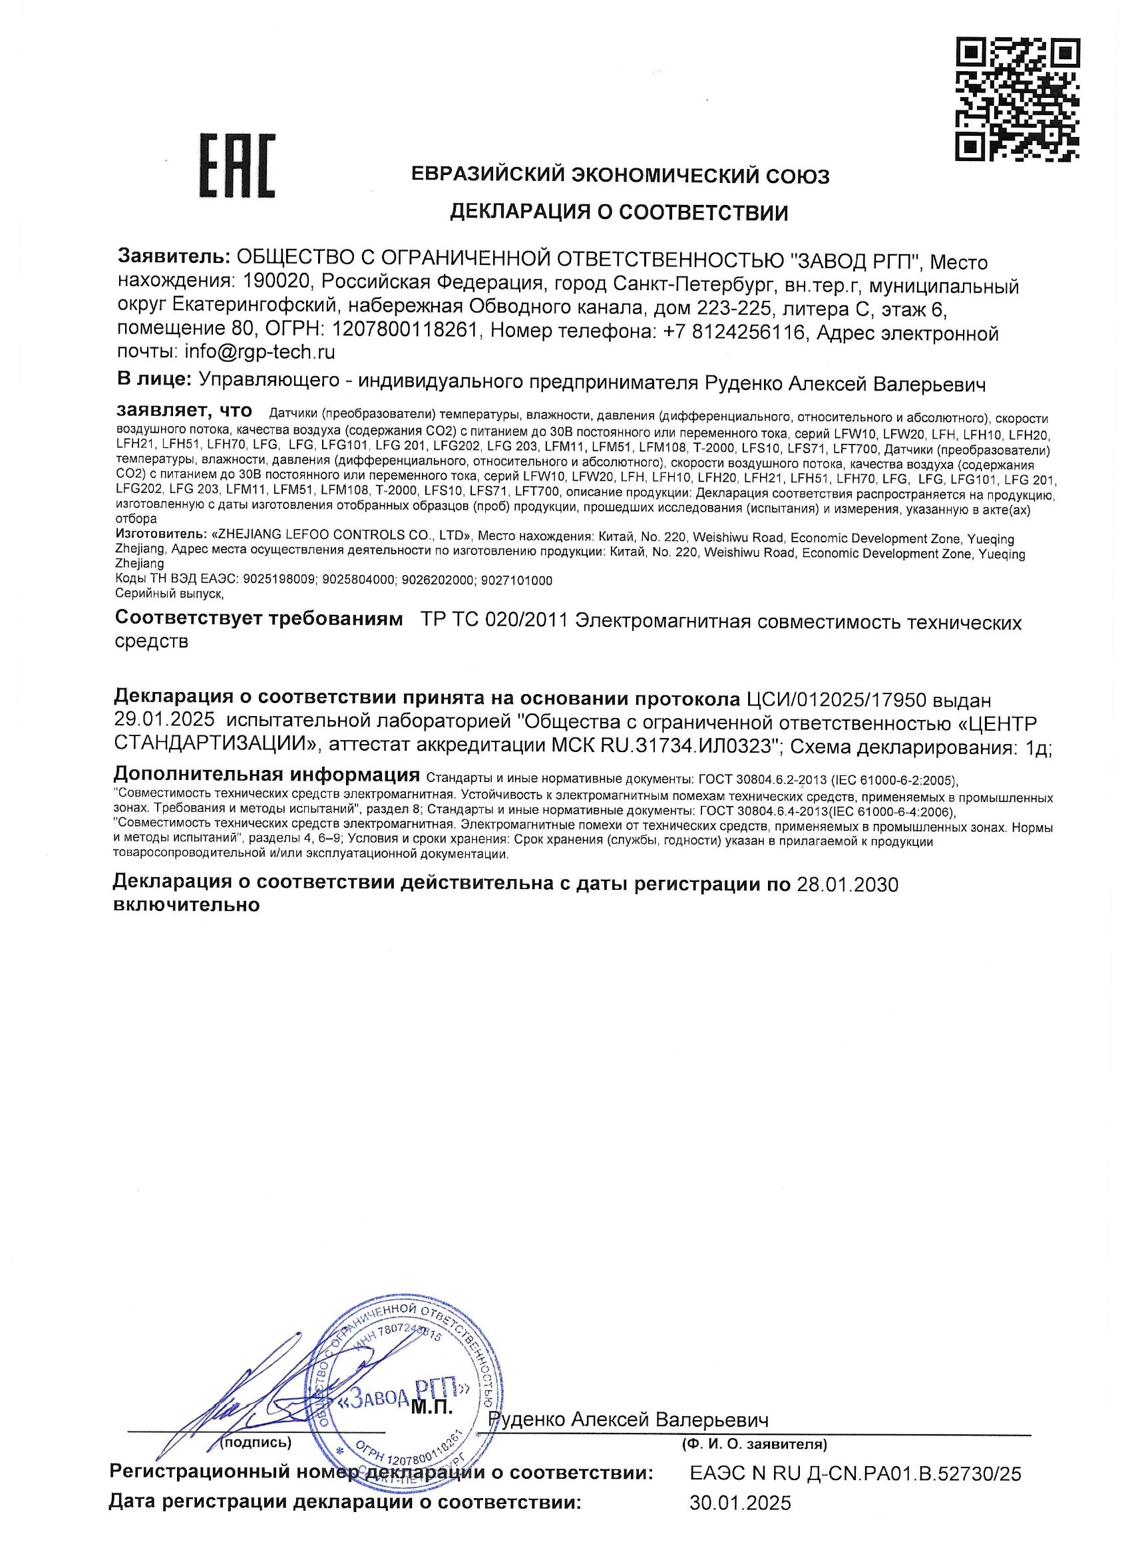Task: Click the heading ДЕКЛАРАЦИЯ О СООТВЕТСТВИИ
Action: coord(618,213)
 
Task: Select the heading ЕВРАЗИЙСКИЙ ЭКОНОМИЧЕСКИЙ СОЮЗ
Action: coord(620,176)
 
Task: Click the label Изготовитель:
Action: coord(161,534)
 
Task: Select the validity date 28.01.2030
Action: coord(848,884)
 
